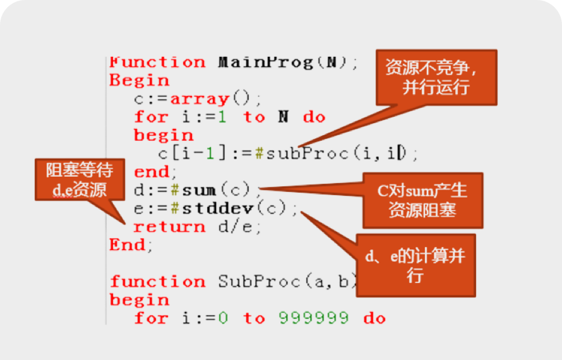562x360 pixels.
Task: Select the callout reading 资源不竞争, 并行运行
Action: (436, 78)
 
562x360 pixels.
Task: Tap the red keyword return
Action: (169, 226)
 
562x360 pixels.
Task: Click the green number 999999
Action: (313, 318)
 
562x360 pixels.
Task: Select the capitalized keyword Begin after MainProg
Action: (139, 80)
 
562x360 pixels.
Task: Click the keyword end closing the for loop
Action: (151, 171)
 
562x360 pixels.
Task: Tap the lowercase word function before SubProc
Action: (157, 281)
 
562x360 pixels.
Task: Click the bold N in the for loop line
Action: (283, 117)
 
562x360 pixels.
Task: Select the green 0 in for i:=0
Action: (223, 318)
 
